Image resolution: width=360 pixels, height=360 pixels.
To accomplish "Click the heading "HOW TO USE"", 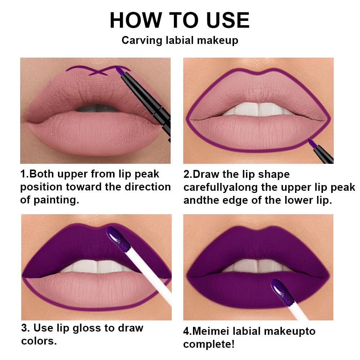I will (179, 20).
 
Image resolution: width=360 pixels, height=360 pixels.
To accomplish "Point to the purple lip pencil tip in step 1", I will (118, 68).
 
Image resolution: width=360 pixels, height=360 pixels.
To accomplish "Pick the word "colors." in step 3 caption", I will (39, 341).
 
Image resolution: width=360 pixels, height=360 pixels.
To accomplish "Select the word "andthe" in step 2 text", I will (199, 201).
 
